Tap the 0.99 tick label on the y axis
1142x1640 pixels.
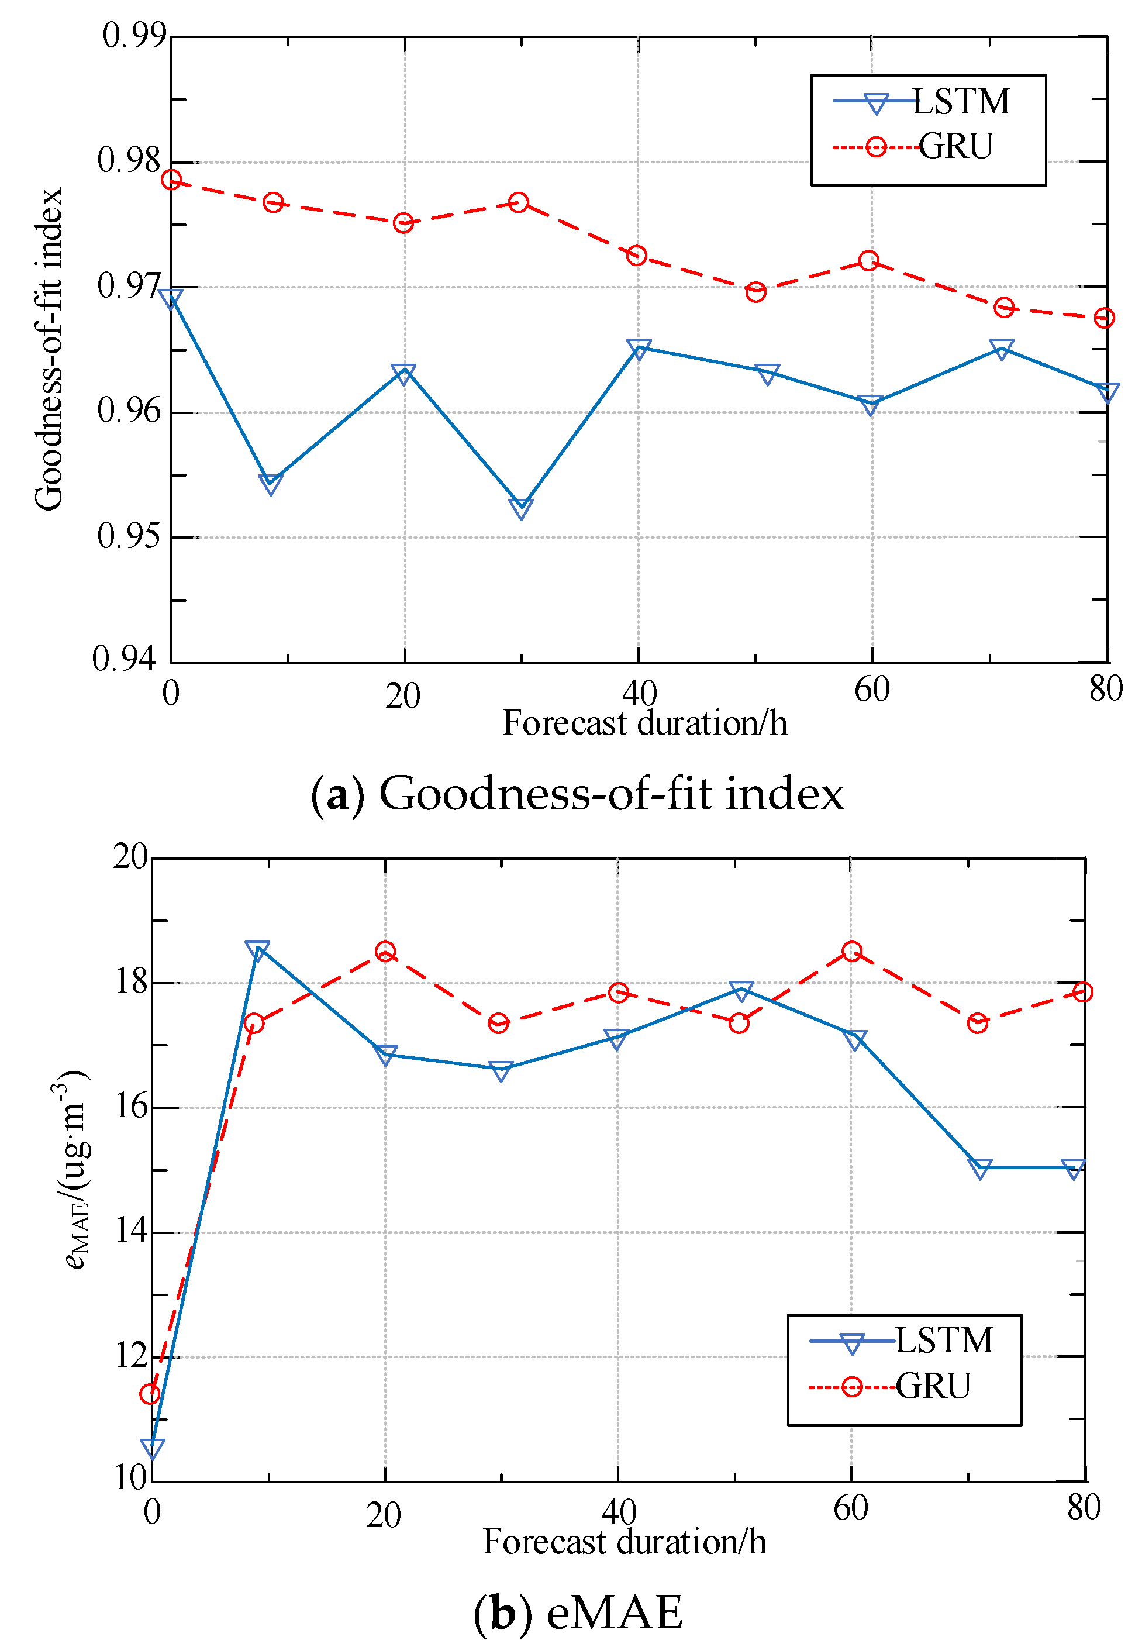click(133, 35)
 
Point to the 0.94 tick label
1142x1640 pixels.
click(123, 658)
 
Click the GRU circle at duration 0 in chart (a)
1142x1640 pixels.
click(171, 180)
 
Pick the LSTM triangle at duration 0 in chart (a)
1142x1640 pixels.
click(171, 298)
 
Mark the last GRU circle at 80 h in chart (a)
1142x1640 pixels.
click(1103, 318)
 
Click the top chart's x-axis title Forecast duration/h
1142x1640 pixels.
click(644, 723)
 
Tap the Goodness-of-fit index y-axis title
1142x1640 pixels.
click(49, 349)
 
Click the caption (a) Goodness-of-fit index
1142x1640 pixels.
click(577, 794)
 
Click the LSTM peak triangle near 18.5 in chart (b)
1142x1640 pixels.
click(256, 950)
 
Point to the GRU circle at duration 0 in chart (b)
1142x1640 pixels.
click(150, 1394)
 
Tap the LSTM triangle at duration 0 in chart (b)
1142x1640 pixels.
click(152, 1448)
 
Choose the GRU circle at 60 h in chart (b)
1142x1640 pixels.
click(851, 952)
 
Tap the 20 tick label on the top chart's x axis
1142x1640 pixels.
click(403, 697)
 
